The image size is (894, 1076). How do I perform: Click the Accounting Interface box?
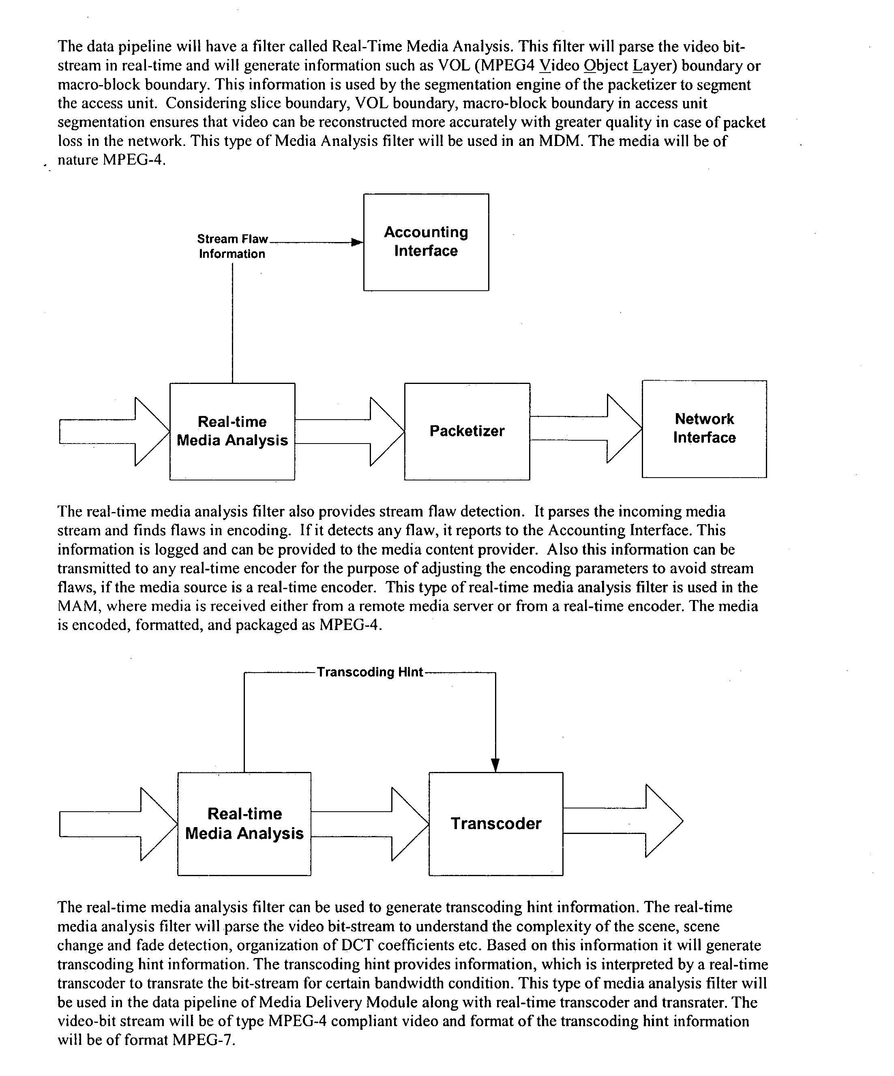(426, 242)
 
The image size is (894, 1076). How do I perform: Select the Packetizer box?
(467, 431)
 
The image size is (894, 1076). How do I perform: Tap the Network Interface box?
(704, 429)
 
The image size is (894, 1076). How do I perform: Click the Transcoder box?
(495, 823)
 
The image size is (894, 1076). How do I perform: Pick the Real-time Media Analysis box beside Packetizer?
(232, 431)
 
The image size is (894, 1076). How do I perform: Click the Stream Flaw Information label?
(232, 246)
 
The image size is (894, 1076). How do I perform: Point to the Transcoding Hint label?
(370, 672)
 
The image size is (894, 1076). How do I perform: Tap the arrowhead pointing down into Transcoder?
(495, 765)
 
